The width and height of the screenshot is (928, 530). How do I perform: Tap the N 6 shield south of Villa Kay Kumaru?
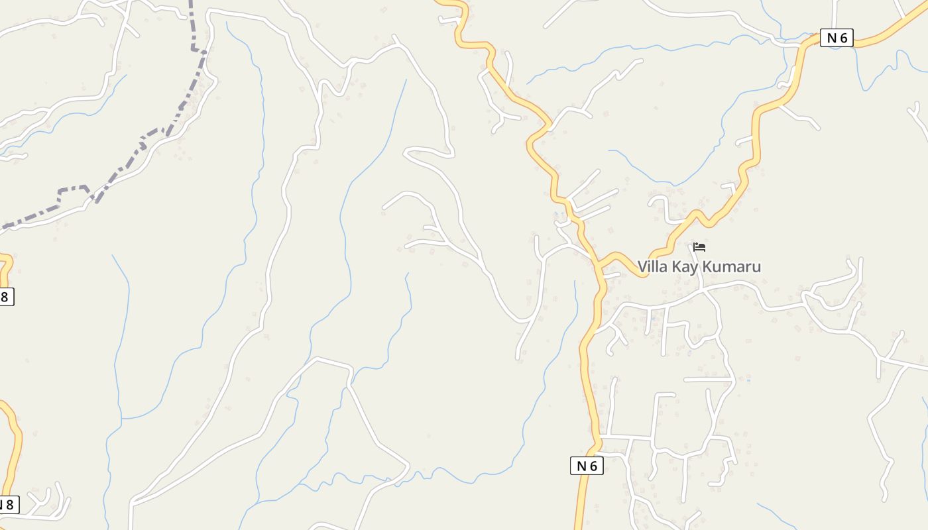point(587,466)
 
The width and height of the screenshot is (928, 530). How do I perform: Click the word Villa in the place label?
point(653,266)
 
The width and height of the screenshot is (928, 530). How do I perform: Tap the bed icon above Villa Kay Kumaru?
point(699,248)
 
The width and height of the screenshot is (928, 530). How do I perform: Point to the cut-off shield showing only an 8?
point(5,296)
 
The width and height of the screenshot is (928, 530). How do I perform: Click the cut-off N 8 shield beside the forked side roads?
point(7,505)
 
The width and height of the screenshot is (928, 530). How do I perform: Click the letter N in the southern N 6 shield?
point(581,466)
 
